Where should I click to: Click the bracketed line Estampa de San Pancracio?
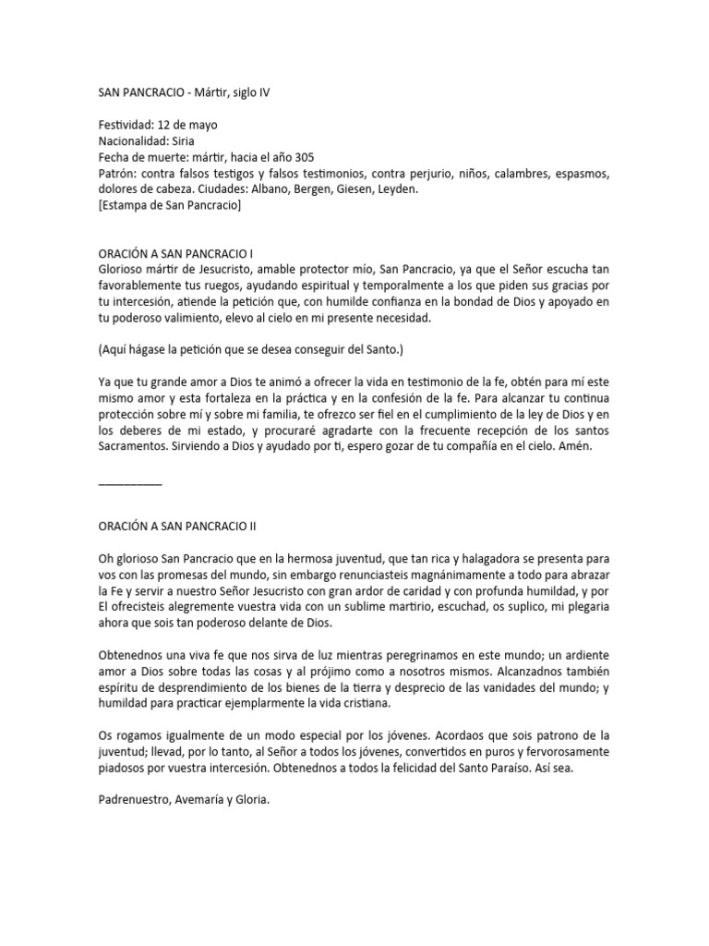point(170,206)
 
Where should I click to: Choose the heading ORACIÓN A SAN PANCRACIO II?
point(178,526)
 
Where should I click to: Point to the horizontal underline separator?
point(129,481)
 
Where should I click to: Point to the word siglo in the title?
point(246,92)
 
